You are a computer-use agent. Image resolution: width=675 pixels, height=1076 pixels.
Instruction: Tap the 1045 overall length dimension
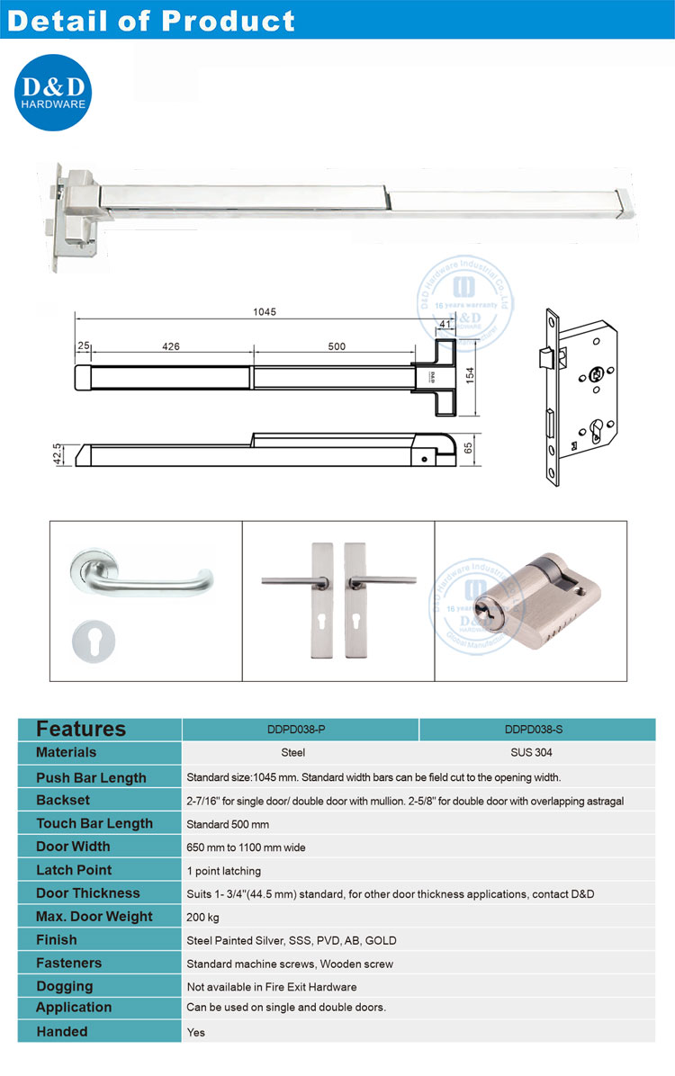click(x=265, y=312)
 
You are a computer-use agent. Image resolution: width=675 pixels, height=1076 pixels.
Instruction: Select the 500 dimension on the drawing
click(x=337, y=346)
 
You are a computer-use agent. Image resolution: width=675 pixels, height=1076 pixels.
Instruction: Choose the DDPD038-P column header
click(x=300, y=730)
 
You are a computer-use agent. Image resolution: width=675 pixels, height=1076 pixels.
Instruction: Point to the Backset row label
click(x=63, y=800)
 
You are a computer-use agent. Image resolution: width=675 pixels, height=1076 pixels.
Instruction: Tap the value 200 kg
click(x=202, y=918)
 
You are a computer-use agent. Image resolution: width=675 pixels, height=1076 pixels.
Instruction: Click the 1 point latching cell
click(x=223, y=871)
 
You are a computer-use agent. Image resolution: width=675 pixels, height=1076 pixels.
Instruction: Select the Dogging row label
click(x=64, y=986)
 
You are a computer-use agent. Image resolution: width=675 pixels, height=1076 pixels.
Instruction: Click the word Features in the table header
click(x=81, y=729)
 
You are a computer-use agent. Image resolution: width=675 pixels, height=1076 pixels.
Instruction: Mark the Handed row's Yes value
click(x=195, y=1033)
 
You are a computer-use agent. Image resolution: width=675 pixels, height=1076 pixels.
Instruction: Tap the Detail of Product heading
click(x=150, y=21)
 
